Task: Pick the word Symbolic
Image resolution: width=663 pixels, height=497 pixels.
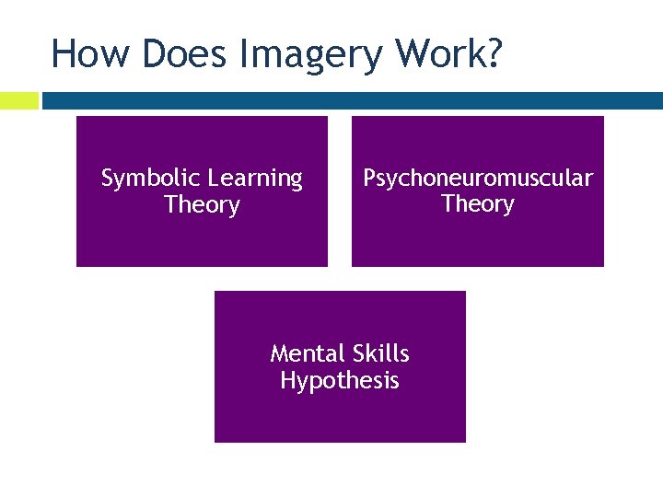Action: tap(150, 179)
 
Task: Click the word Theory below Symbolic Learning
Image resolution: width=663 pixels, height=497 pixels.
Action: tap(202, 205)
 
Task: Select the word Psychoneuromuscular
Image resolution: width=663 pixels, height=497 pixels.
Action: tap(478, 179)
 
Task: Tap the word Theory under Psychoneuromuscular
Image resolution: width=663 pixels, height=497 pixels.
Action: tap(478, 203)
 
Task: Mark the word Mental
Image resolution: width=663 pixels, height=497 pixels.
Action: tap(308, 353)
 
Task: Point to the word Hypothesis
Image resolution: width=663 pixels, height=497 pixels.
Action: tap(340, 381)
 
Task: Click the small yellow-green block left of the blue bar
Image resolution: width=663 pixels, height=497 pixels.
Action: tap(18, 100)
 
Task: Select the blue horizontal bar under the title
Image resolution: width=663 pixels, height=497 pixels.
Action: tap(350, 100)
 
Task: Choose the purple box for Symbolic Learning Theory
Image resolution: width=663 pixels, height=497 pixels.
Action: tap(202, 239)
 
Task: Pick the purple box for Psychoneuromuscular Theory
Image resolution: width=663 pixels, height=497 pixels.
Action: tap(478, 239)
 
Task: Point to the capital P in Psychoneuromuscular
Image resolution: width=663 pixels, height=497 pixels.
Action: tap(369, 178)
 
